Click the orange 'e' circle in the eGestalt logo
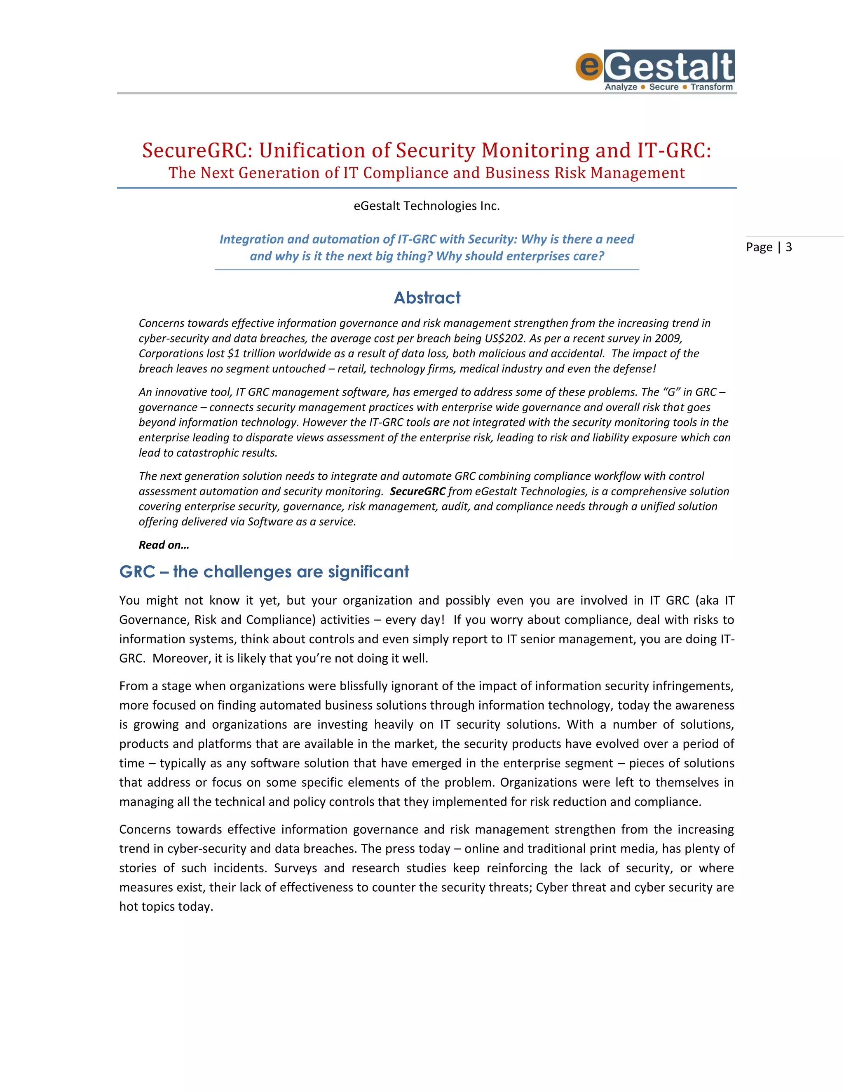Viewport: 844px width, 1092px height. pos(589,66)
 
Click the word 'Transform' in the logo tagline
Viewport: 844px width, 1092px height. pos(711,87)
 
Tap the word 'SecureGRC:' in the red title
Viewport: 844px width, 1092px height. pos(197,150)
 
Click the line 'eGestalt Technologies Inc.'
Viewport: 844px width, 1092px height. pos(427,206)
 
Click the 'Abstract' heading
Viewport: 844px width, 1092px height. pos(427,298)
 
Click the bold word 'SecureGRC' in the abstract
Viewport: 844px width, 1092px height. pos(417,492)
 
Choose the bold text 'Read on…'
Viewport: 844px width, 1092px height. pos(164,545)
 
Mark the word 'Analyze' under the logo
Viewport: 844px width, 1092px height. pos(621,87)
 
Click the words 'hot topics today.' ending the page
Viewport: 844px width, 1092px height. pos(166,907)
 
